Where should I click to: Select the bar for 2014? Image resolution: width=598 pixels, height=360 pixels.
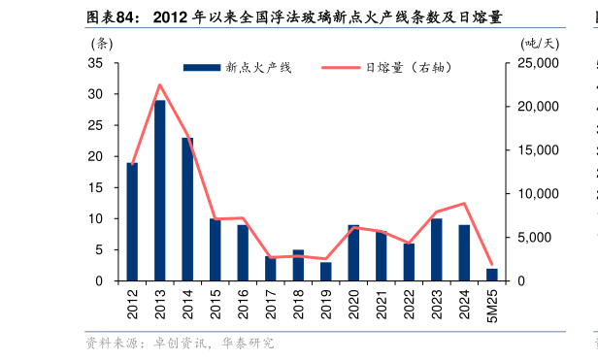click(187, 209)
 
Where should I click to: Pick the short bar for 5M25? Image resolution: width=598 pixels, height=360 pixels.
click(491, 275)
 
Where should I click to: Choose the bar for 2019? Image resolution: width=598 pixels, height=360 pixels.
click(326, 272)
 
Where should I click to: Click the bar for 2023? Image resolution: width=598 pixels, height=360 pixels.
click(437, 249)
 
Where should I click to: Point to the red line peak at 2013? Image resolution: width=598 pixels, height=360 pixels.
click(159, 84)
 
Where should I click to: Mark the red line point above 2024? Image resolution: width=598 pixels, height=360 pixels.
click(465, 204)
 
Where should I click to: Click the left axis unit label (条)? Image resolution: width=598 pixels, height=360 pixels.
click(101, 43)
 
